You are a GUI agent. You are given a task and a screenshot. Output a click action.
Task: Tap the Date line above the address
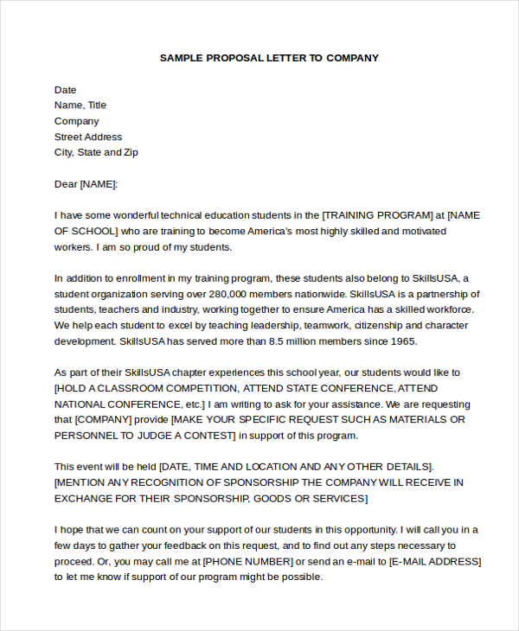tap(65, 90)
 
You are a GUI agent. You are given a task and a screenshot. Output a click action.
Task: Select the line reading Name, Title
tap(80, 105)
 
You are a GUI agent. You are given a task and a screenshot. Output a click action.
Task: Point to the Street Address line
tap(88, 137)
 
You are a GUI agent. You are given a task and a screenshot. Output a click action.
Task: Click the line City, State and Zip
tap(96, 152)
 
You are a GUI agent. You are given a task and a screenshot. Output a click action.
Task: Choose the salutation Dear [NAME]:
tap(86, 184)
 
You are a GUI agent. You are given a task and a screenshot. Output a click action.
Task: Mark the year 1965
tap(404, 341)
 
